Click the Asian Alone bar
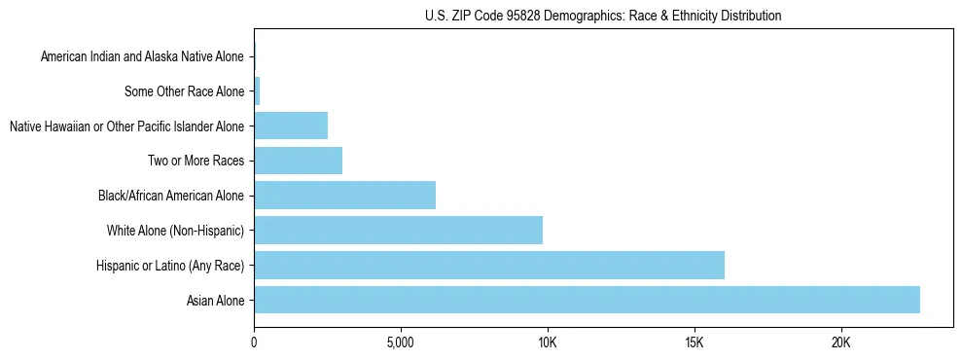click(587, 300)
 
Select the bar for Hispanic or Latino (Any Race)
click(489, 265)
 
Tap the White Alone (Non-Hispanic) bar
click(398, 231)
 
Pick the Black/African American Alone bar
click(344, 196)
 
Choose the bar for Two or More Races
click(298, 161)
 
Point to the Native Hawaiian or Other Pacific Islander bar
click(291, 126)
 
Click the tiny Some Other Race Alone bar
click(257, 91)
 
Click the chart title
click(603, 16)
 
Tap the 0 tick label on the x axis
click(254, 342)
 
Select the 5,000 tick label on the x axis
click(401, 342)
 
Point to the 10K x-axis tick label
click(548, 342)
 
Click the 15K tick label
click(694, 342)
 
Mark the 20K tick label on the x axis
click(840, 342)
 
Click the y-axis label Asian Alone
click(215, 301)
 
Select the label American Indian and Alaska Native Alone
click(142, 57)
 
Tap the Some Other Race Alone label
click(184, 92)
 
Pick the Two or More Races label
click(196, 162)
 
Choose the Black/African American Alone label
click(171, 197)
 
